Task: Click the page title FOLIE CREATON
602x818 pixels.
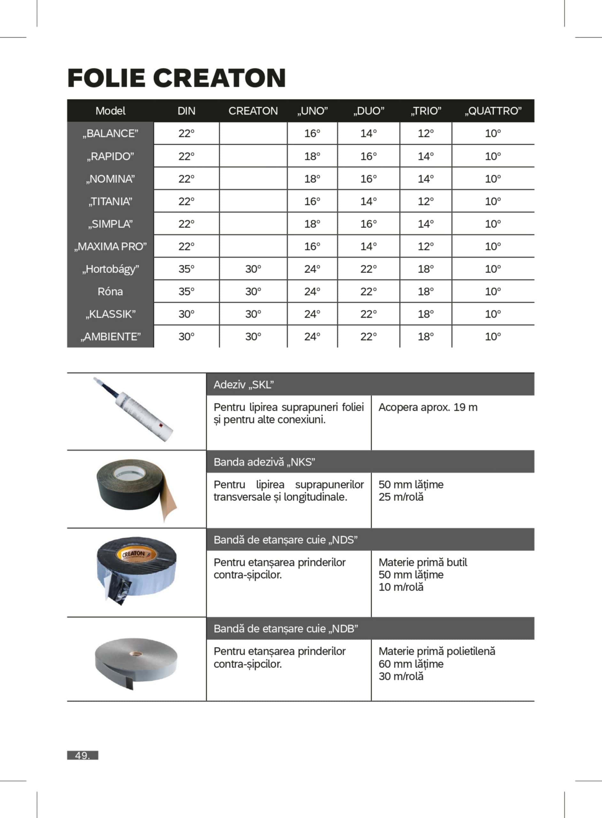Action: (176, 78)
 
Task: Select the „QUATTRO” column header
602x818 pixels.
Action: (493, 111)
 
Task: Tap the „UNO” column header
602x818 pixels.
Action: (312, 111)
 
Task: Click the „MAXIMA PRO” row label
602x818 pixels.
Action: (111, 247)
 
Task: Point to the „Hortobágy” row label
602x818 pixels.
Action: (111, 269)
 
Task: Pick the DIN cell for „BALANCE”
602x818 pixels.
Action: (186, 133)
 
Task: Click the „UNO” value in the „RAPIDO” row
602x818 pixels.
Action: (312, 156)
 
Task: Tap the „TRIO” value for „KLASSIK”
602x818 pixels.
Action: (426, 314)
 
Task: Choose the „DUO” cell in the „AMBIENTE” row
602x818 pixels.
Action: (368, 337)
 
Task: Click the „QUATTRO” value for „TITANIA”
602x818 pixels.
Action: (493, 202)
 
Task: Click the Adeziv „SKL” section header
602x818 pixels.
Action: (244, 385)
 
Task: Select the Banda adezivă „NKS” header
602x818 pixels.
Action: (264, 462)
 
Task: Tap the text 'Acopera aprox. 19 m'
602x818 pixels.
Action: (428, 407)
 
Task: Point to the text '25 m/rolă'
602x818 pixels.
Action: (401, 497)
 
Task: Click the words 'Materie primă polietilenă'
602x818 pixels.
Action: (436, 651)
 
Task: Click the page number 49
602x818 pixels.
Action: (82, 755)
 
